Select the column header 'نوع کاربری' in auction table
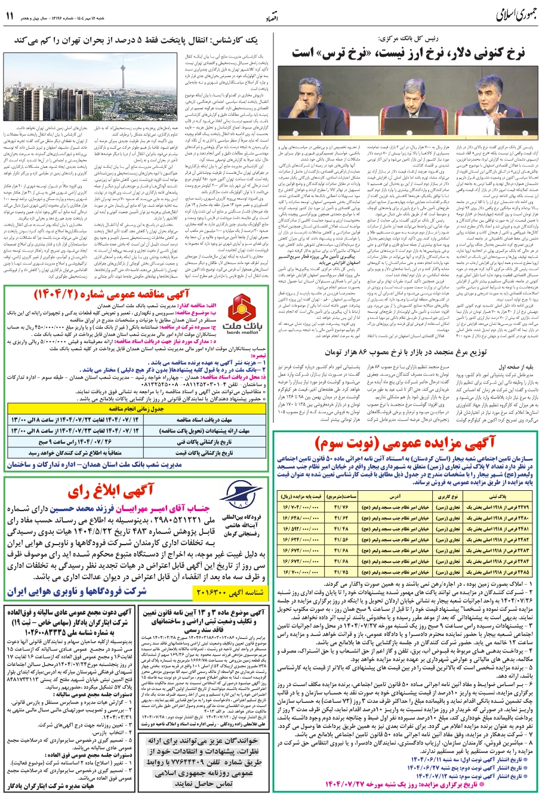(447, 497)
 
